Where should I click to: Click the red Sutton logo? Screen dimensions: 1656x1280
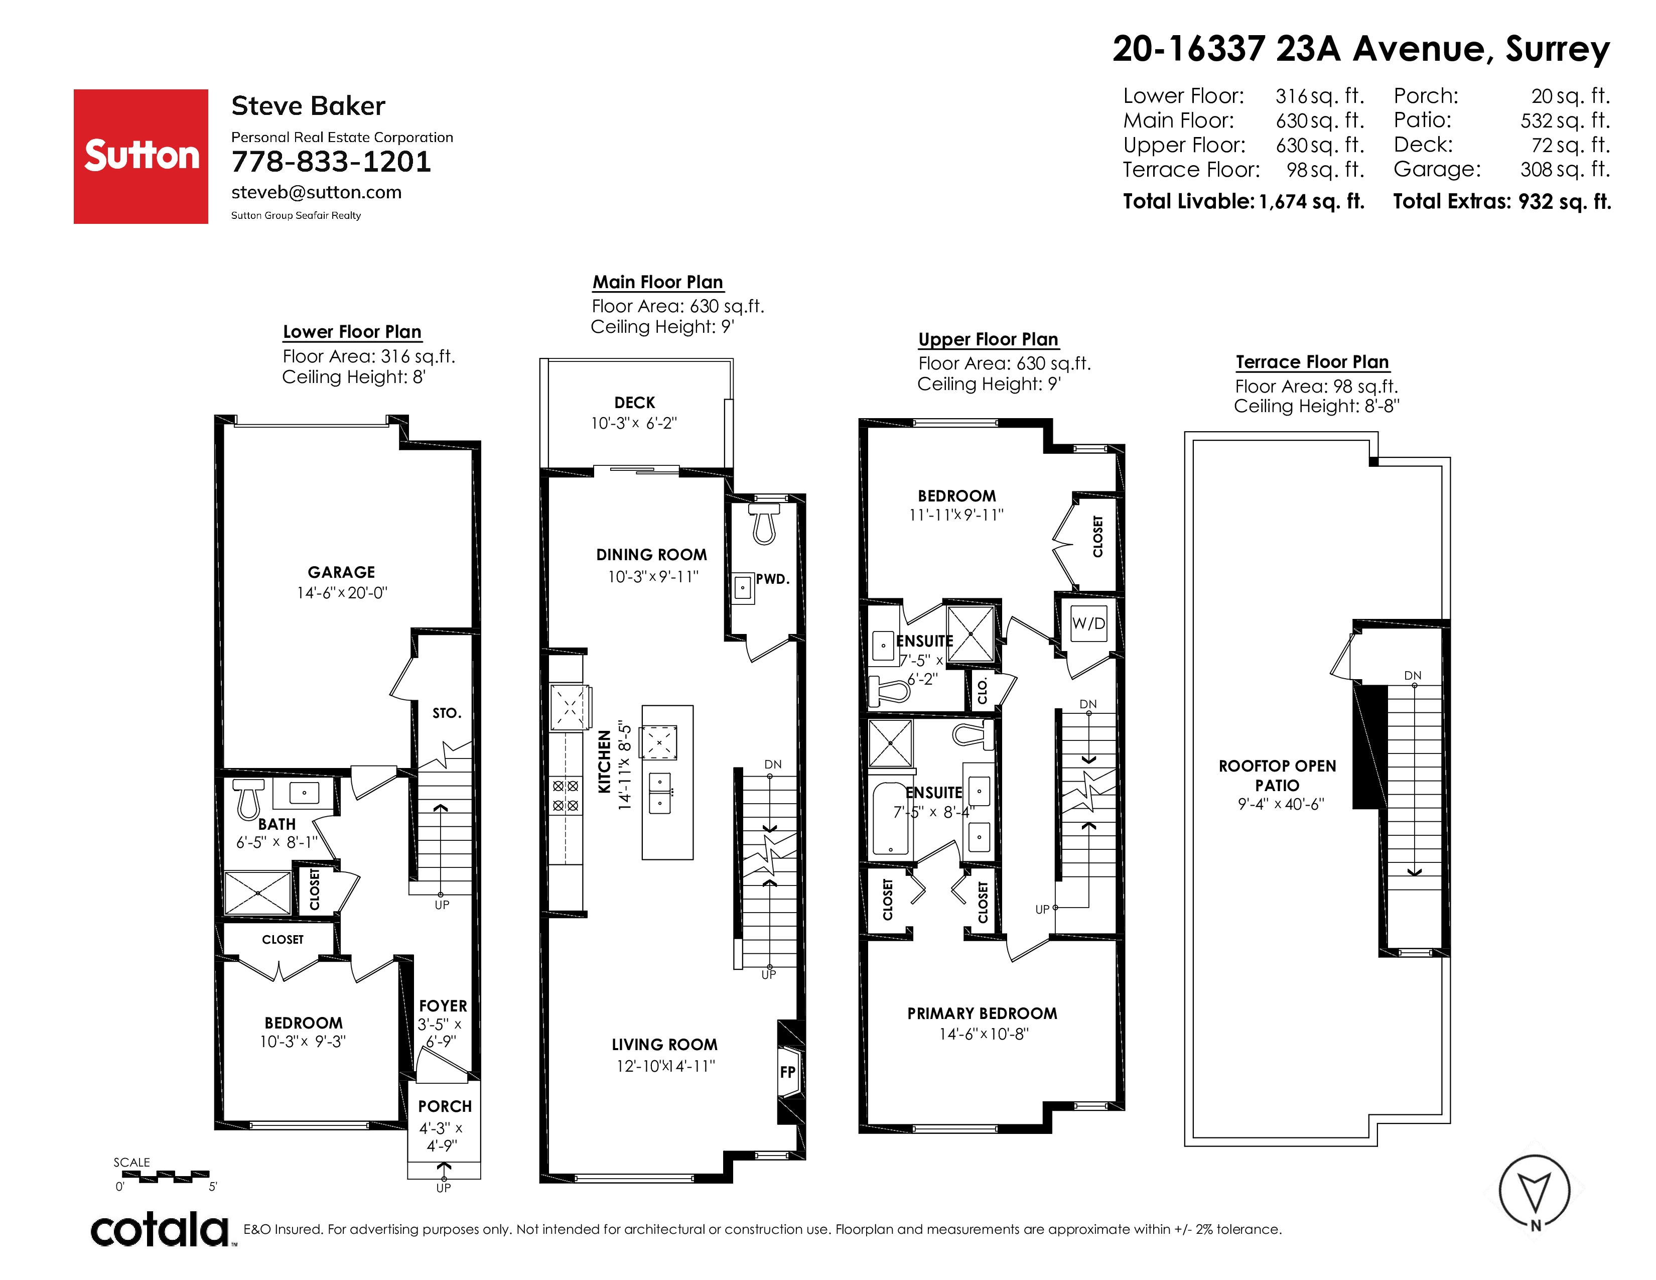141,156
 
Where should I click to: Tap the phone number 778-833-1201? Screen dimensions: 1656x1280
331,162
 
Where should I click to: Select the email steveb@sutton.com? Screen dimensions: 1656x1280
316,193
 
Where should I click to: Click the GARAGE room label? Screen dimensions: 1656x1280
341,573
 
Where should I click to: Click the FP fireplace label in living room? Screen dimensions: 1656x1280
788,1072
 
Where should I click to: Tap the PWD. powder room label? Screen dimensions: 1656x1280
773,579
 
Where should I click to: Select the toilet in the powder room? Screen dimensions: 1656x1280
764,523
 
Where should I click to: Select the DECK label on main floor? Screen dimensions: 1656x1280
635,403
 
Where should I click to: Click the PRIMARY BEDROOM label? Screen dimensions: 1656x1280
982,1014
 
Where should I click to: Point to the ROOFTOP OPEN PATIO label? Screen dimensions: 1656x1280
1278,776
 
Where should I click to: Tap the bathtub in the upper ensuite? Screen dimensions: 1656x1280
891,820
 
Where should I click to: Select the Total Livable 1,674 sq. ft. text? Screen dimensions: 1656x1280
1244,202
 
